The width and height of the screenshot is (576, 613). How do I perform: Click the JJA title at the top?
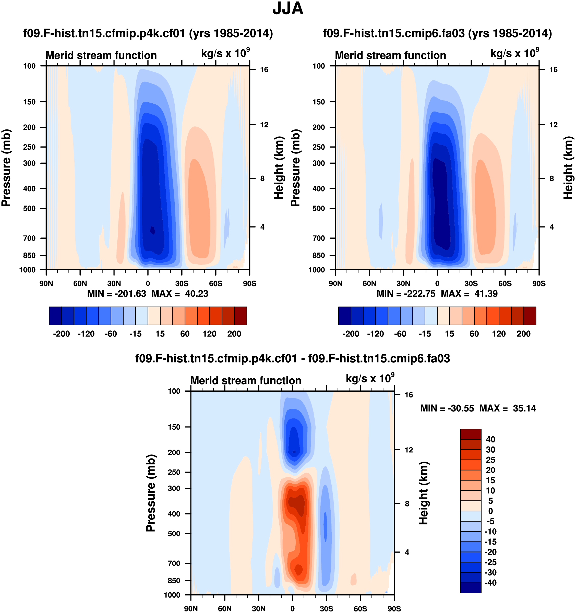288,9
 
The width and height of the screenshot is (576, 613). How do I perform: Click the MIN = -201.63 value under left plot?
117,294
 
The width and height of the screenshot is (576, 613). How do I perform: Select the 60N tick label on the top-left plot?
80,283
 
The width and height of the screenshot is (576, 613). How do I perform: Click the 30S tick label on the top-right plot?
471,283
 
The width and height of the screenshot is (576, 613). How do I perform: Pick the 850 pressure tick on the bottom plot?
174,580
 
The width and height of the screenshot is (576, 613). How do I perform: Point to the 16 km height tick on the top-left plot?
264,70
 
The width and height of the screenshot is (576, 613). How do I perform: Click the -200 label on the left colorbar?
61,334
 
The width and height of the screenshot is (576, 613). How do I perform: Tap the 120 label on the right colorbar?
499,334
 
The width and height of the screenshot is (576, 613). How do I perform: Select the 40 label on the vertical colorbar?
490,439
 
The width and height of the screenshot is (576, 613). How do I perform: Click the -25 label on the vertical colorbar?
490,562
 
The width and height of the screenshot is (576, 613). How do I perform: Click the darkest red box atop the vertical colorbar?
471,434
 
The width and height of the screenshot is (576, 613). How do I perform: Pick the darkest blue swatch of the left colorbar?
55,316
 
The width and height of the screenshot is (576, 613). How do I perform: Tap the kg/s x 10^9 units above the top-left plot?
225,53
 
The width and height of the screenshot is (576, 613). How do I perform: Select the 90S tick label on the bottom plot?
394,609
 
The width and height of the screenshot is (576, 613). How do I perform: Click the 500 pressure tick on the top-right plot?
319,208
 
